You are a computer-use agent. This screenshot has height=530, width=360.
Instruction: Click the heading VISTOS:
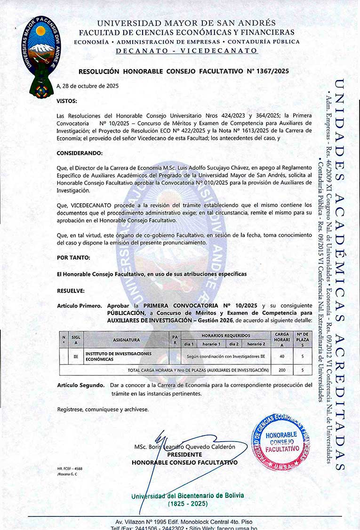(67, 101)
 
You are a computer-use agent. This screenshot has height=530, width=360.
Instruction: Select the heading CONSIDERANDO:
(79, 154)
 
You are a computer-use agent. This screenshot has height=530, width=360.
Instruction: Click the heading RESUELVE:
(71, 291)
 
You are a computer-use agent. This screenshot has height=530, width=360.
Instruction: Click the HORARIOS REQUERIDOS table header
(225, 335)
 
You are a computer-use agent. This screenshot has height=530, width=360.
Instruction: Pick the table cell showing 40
(282, 356)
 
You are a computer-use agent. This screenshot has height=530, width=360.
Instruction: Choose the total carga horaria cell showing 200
(282, 370)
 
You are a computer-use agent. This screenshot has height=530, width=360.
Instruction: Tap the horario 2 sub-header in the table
(256, 344)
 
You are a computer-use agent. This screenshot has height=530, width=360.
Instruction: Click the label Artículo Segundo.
(81, 385)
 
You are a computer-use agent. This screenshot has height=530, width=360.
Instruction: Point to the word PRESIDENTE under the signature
(184, 455)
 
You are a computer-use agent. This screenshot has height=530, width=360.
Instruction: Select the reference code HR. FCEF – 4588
(70, 469)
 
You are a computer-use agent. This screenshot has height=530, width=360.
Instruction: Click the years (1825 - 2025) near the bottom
(188, 504)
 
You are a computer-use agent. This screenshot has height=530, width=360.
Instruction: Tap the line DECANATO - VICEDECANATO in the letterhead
(186, 50)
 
